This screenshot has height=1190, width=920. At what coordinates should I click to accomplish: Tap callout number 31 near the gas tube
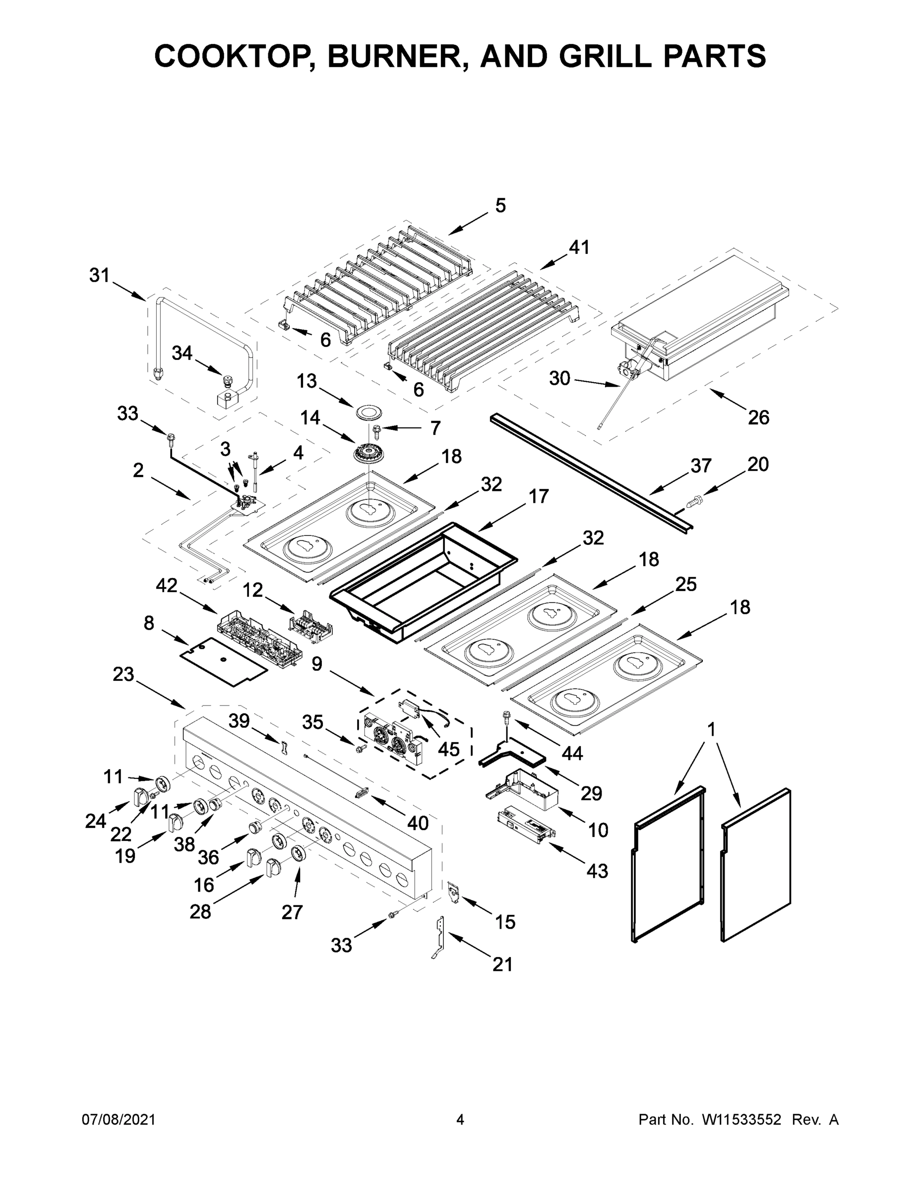click(x=100, y=276)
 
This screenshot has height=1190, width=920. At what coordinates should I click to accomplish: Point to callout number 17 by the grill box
click(x=539, y=496)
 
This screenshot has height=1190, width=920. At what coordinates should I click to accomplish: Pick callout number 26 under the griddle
click(x=758, y=417)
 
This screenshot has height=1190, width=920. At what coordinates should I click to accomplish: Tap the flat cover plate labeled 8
click(x=224, y=660)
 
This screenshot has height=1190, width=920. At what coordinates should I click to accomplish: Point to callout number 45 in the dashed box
click(x=448, y=749)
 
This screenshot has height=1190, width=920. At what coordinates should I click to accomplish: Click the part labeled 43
click(x=527, y=833)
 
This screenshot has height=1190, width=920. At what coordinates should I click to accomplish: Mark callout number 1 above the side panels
click(x=711, y=728)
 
